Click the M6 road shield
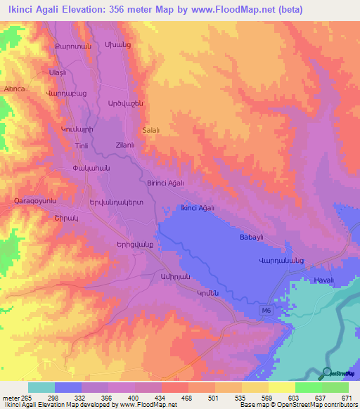click(264, 309)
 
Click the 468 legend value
click(188, 398)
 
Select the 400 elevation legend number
click(134, 398)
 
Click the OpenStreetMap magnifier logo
click(326, 374)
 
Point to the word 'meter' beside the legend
click(10, 398)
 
